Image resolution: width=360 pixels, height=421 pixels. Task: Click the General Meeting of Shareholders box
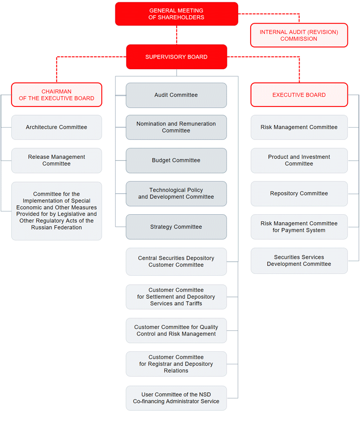176,14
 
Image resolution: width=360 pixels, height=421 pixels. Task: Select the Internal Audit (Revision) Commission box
299,35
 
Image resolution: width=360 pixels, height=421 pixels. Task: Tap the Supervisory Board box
176,57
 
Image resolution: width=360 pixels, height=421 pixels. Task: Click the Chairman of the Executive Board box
56,95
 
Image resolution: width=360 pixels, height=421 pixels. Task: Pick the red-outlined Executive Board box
299,95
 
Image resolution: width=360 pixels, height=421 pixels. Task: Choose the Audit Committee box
176,95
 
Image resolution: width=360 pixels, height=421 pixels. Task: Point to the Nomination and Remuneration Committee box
176,127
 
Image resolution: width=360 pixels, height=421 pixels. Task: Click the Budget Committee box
176,160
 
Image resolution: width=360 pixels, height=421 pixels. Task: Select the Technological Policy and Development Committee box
176,193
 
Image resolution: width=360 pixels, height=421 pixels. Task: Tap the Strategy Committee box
176,227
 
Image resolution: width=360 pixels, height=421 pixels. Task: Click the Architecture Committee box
56,127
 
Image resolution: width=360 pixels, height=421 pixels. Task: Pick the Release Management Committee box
56,160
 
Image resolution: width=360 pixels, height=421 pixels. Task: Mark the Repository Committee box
299,193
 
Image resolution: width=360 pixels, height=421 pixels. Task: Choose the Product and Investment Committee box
299,160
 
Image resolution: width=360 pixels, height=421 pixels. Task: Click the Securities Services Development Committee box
299,260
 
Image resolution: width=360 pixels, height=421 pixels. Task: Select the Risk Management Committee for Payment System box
299,227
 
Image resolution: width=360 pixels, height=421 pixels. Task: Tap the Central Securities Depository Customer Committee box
176,262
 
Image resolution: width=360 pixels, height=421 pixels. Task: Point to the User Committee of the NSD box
176,398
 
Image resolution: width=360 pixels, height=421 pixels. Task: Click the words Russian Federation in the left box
56,228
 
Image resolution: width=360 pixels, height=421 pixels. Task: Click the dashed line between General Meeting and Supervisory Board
177,35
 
